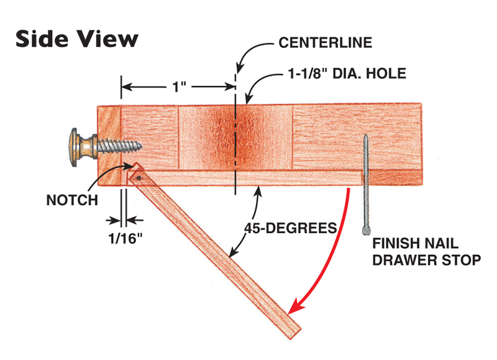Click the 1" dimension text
(x=180, y=86)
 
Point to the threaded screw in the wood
(x=121, y=145)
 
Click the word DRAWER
(x=404, y=260)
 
